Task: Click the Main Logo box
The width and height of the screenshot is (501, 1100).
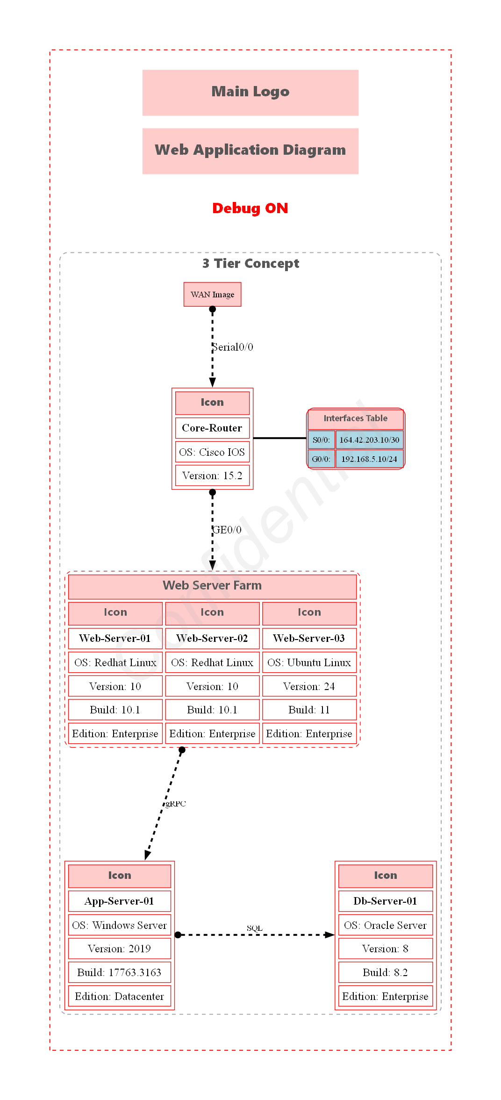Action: coord(250,93)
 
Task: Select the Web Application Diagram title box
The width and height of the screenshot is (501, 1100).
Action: coord(250,151)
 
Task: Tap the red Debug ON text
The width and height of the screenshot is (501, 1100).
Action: coord(250,208)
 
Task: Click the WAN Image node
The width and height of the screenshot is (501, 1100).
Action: coord(212,295)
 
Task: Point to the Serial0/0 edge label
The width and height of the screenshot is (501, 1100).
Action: coord(233,347)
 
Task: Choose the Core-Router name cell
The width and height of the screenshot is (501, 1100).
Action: coord(212,428)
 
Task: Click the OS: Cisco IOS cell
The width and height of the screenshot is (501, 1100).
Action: coord(212,452)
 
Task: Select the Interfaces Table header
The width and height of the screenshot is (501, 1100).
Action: coord(355,418)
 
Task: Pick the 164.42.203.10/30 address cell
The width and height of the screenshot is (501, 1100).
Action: coord(369,440)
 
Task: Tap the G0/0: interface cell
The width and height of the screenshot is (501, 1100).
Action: coord(321,459)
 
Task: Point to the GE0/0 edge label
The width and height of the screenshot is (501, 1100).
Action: coord(227,530)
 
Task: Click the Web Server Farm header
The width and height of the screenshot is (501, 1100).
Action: coord(212,586)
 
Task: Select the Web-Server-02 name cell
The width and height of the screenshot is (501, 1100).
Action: coord(212,638)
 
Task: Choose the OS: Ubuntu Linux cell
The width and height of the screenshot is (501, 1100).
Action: coord(309,662)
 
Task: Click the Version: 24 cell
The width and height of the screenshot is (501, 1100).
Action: coord(309,686)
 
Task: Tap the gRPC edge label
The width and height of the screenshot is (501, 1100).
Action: coord(176,804)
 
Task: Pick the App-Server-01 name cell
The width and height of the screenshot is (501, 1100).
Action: coord(119,901)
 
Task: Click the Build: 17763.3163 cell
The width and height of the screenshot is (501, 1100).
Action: coord(119,972)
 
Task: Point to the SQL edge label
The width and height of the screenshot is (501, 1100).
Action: coord(255,928)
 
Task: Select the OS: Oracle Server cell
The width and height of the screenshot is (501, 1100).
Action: coord(385,925)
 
